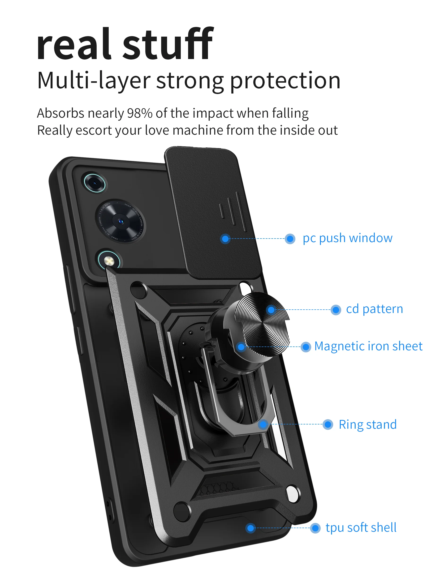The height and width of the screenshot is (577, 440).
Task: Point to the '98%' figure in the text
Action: (140, 113)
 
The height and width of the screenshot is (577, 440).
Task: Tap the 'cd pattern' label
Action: (375, 309)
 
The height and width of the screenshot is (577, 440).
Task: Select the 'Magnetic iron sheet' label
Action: (368, 346)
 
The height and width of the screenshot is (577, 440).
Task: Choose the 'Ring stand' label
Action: (368, 425)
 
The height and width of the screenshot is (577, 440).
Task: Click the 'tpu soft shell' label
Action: (361, 528)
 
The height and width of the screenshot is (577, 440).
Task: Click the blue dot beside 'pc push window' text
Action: (290, 239)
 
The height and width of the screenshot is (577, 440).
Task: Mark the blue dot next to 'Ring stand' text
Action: (328, 425)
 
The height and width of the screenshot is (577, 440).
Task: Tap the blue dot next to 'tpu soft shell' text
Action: (315, 528)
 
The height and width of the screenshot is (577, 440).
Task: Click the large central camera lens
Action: (120, 222)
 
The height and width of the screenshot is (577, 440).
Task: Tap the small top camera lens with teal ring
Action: (95, 183)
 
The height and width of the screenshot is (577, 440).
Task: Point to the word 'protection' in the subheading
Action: (285, 81)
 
